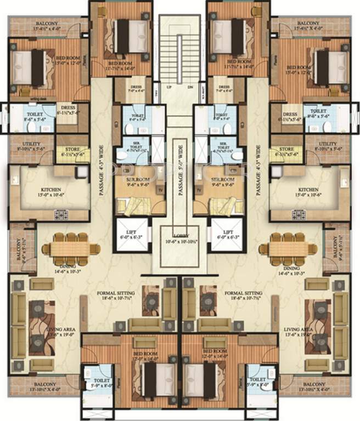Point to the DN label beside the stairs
point(190,87)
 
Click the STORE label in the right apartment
point(286,149)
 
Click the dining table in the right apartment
point(293,246)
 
